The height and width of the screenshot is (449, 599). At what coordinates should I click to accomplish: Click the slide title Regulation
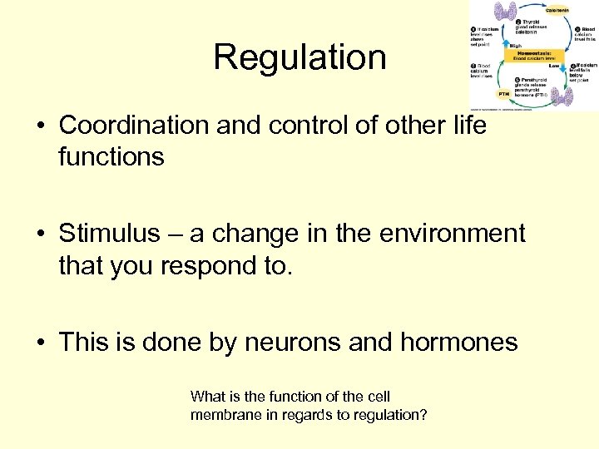pos(299,58)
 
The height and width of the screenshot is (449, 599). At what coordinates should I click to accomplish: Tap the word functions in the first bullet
pos(111,156)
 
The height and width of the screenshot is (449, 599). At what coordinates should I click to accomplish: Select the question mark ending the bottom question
pos(424,413)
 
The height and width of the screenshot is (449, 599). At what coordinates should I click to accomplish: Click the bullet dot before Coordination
pos(40,126)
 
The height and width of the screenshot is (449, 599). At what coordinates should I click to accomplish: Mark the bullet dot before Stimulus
pos(40,234)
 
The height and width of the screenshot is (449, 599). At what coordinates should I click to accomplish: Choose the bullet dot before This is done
pos(40,343)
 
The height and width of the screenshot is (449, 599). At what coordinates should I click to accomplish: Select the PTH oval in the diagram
pos(504,94)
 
